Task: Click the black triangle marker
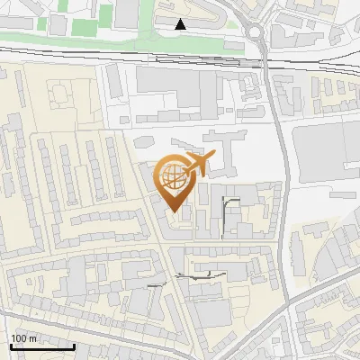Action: [x=181, y=24]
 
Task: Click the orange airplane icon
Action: [x=199, y=165]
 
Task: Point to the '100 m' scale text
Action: [x=24, y=338]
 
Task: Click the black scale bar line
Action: [x=41, y=346]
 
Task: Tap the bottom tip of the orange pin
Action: [x=174, y=211]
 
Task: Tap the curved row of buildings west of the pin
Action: [x=99, y=220]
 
